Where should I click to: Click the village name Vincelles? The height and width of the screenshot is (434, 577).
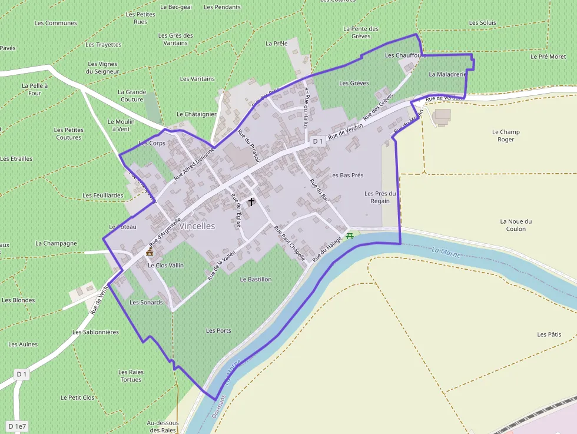pyautogui.click(x=197, y=226)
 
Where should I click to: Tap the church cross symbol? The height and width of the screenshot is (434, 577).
pyautogui.click(x=251, y=202)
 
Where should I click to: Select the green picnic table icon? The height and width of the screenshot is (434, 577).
pyautogui.click(x=350, y=236)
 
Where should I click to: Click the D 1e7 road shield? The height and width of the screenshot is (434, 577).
pyautogui.click(x=18, y=426)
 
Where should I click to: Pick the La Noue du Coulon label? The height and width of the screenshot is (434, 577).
pyautogui.click(x=516, y=225)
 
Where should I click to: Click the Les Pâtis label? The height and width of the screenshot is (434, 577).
pyautogui.click(x=549, y=334)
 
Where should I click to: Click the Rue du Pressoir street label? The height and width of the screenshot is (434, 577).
pyautogui.click(x=244, y=146)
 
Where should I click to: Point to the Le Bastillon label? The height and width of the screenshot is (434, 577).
pyautogui.click(x=256, y=279)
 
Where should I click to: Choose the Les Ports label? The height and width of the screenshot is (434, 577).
pyautogui.click(x=218, y=331)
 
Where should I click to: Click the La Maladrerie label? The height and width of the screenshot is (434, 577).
pyautogui.click(x=447, y=75)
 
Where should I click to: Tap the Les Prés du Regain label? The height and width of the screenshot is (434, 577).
pyautogui.click(x=380, y=197)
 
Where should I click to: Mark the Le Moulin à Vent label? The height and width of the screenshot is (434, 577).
pyautogui.click(x=121, y=125)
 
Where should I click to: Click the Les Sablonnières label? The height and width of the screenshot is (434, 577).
pyautogui.click(x=95, y=332)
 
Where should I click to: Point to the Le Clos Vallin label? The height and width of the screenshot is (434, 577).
pyautogui.click(x=165, y=265)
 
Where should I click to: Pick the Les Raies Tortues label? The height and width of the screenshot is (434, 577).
pyautogui.click(x=130, y=376)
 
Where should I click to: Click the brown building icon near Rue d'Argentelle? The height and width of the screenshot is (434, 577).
pyautogui.click(x=150, y=251)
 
